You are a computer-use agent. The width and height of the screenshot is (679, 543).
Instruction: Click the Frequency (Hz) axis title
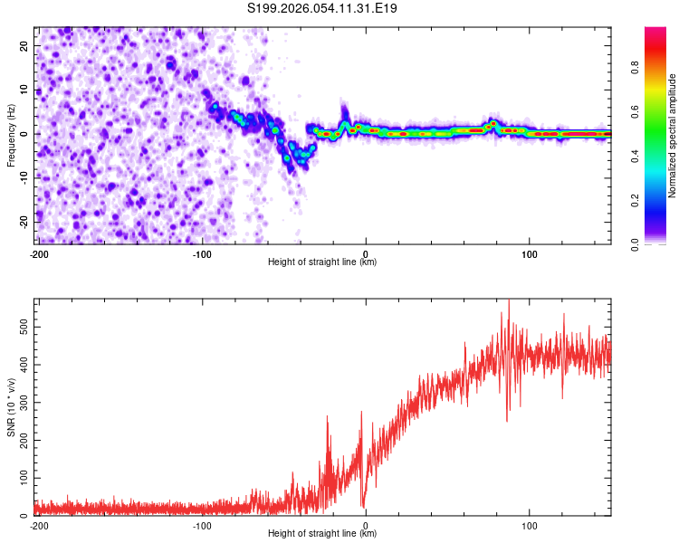click(12, 135)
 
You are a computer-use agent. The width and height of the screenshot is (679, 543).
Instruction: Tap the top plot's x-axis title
click(322, 262)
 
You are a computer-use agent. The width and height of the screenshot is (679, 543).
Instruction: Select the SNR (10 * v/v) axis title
click(12, 406)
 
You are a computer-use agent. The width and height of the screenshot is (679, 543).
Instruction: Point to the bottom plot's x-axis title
click(322, 533)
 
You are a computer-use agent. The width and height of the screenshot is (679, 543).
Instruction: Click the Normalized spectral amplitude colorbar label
click(672, 136)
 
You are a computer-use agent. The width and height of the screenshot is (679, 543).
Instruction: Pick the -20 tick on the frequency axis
click(23, 222)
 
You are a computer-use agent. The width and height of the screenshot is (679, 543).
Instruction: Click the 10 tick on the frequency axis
click(24, 90)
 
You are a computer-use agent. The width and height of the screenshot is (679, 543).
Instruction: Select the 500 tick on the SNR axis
click(21, 324)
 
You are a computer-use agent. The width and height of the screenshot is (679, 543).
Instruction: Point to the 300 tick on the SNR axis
click(21, 400)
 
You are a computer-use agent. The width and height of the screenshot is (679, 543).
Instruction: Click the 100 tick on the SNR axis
click(21, 476)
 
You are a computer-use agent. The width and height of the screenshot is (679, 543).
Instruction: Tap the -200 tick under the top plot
click(38, 252)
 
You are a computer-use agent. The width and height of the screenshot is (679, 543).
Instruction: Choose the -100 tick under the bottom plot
click(202, 524)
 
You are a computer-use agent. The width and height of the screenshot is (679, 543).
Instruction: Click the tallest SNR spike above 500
click(509, 300)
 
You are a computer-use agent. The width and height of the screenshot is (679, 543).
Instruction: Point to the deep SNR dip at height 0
click(363, 507)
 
